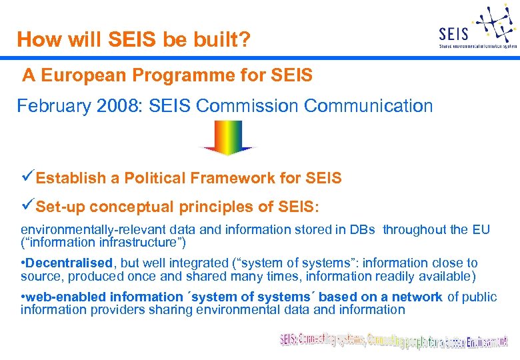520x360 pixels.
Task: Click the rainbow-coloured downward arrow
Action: (x=227, y=137)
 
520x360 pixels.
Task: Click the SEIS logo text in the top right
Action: (x=454, y=33)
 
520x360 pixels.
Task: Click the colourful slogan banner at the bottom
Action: (x=393, y=341)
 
